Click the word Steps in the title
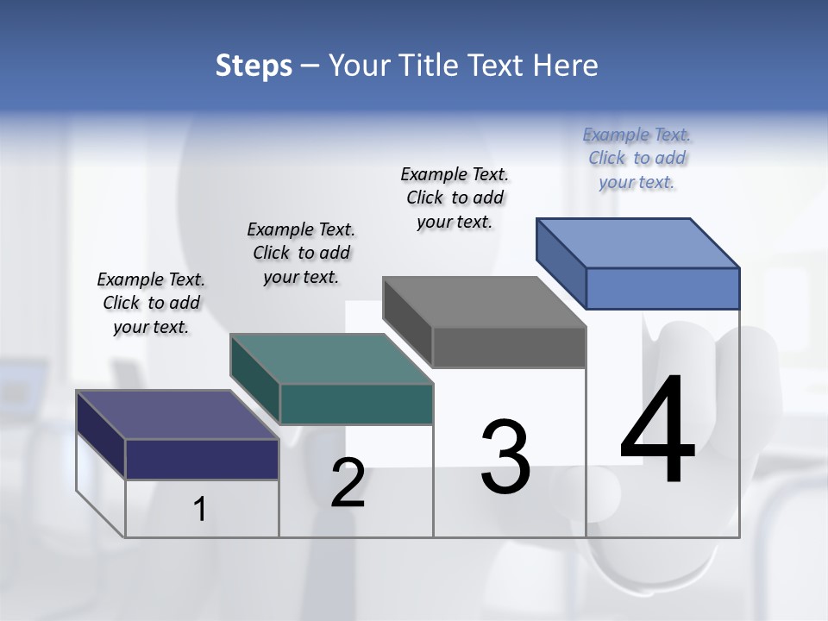[x=254, y=66]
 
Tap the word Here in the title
[x=568, y=66]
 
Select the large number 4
[x=657, y=430]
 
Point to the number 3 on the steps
[x=505, y=457]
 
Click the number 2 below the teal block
[x=348, y=483]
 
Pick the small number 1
[x=200, y=509]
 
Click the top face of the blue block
[x=638, y=242]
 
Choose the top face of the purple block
[x=178, y=415]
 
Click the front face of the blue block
[x=662, y=288]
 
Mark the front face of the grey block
[x=509, y=347]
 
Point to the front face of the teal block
[x=356, y=404]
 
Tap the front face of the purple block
[x=202, y=459]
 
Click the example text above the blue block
[x=637, y=159]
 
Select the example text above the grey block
[x=455, y=198]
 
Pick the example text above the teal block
[x=301, y=253]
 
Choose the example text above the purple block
[x=151, y=303]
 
